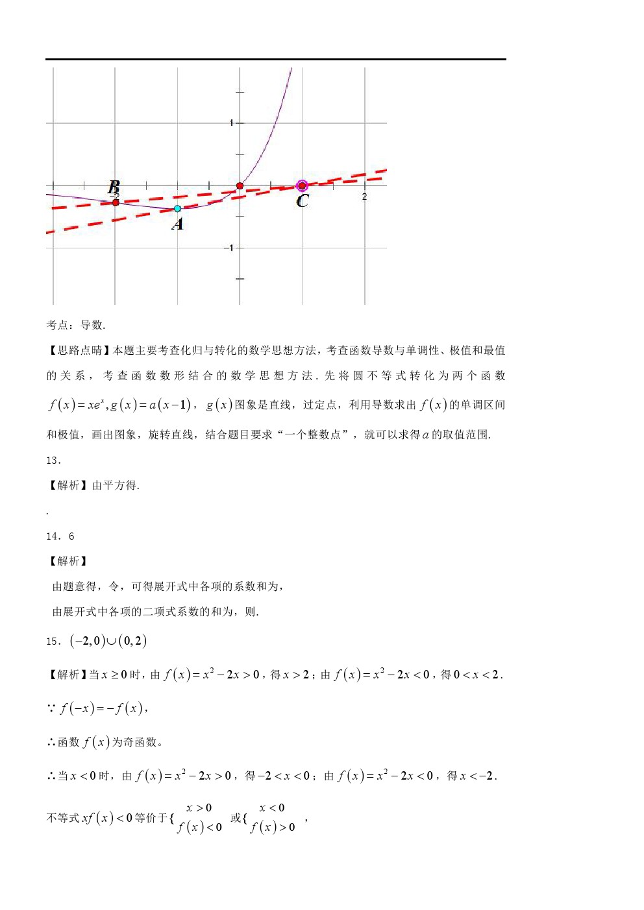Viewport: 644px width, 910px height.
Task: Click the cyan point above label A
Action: pos(177,209)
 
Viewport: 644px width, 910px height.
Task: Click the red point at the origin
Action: pos(240,186)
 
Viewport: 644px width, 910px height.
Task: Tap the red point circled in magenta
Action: pos(302,186)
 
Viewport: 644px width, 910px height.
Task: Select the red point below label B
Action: pos(115,203)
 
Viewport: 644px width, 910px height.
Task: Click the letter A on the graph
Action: pos(177,224)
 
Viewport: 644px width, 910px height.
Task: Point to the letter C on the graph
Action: pos(303,201)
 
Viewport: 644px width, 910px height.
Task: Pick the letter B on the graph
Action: pos(114,187)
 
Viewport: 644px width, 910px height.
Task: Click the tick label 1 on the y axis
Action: pos(231,123)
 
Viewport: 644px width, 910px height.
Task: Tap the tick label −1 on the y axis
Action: pos(229,248)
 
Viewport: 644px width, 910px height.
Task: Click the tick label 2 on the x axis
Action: pos(364,196)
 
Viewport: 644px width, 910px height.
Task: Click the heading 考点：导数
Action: pos(75,325)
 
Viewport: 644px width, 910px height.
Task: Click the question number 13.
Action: pos(53,461)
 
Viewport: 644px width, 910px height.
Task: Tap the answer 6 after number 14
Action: pos(71,536)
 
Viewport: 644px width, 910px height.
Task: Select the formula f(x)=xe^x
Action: pos(76,405)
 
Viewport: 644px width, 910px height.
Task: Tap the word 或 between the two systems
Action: pos(236,818)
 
